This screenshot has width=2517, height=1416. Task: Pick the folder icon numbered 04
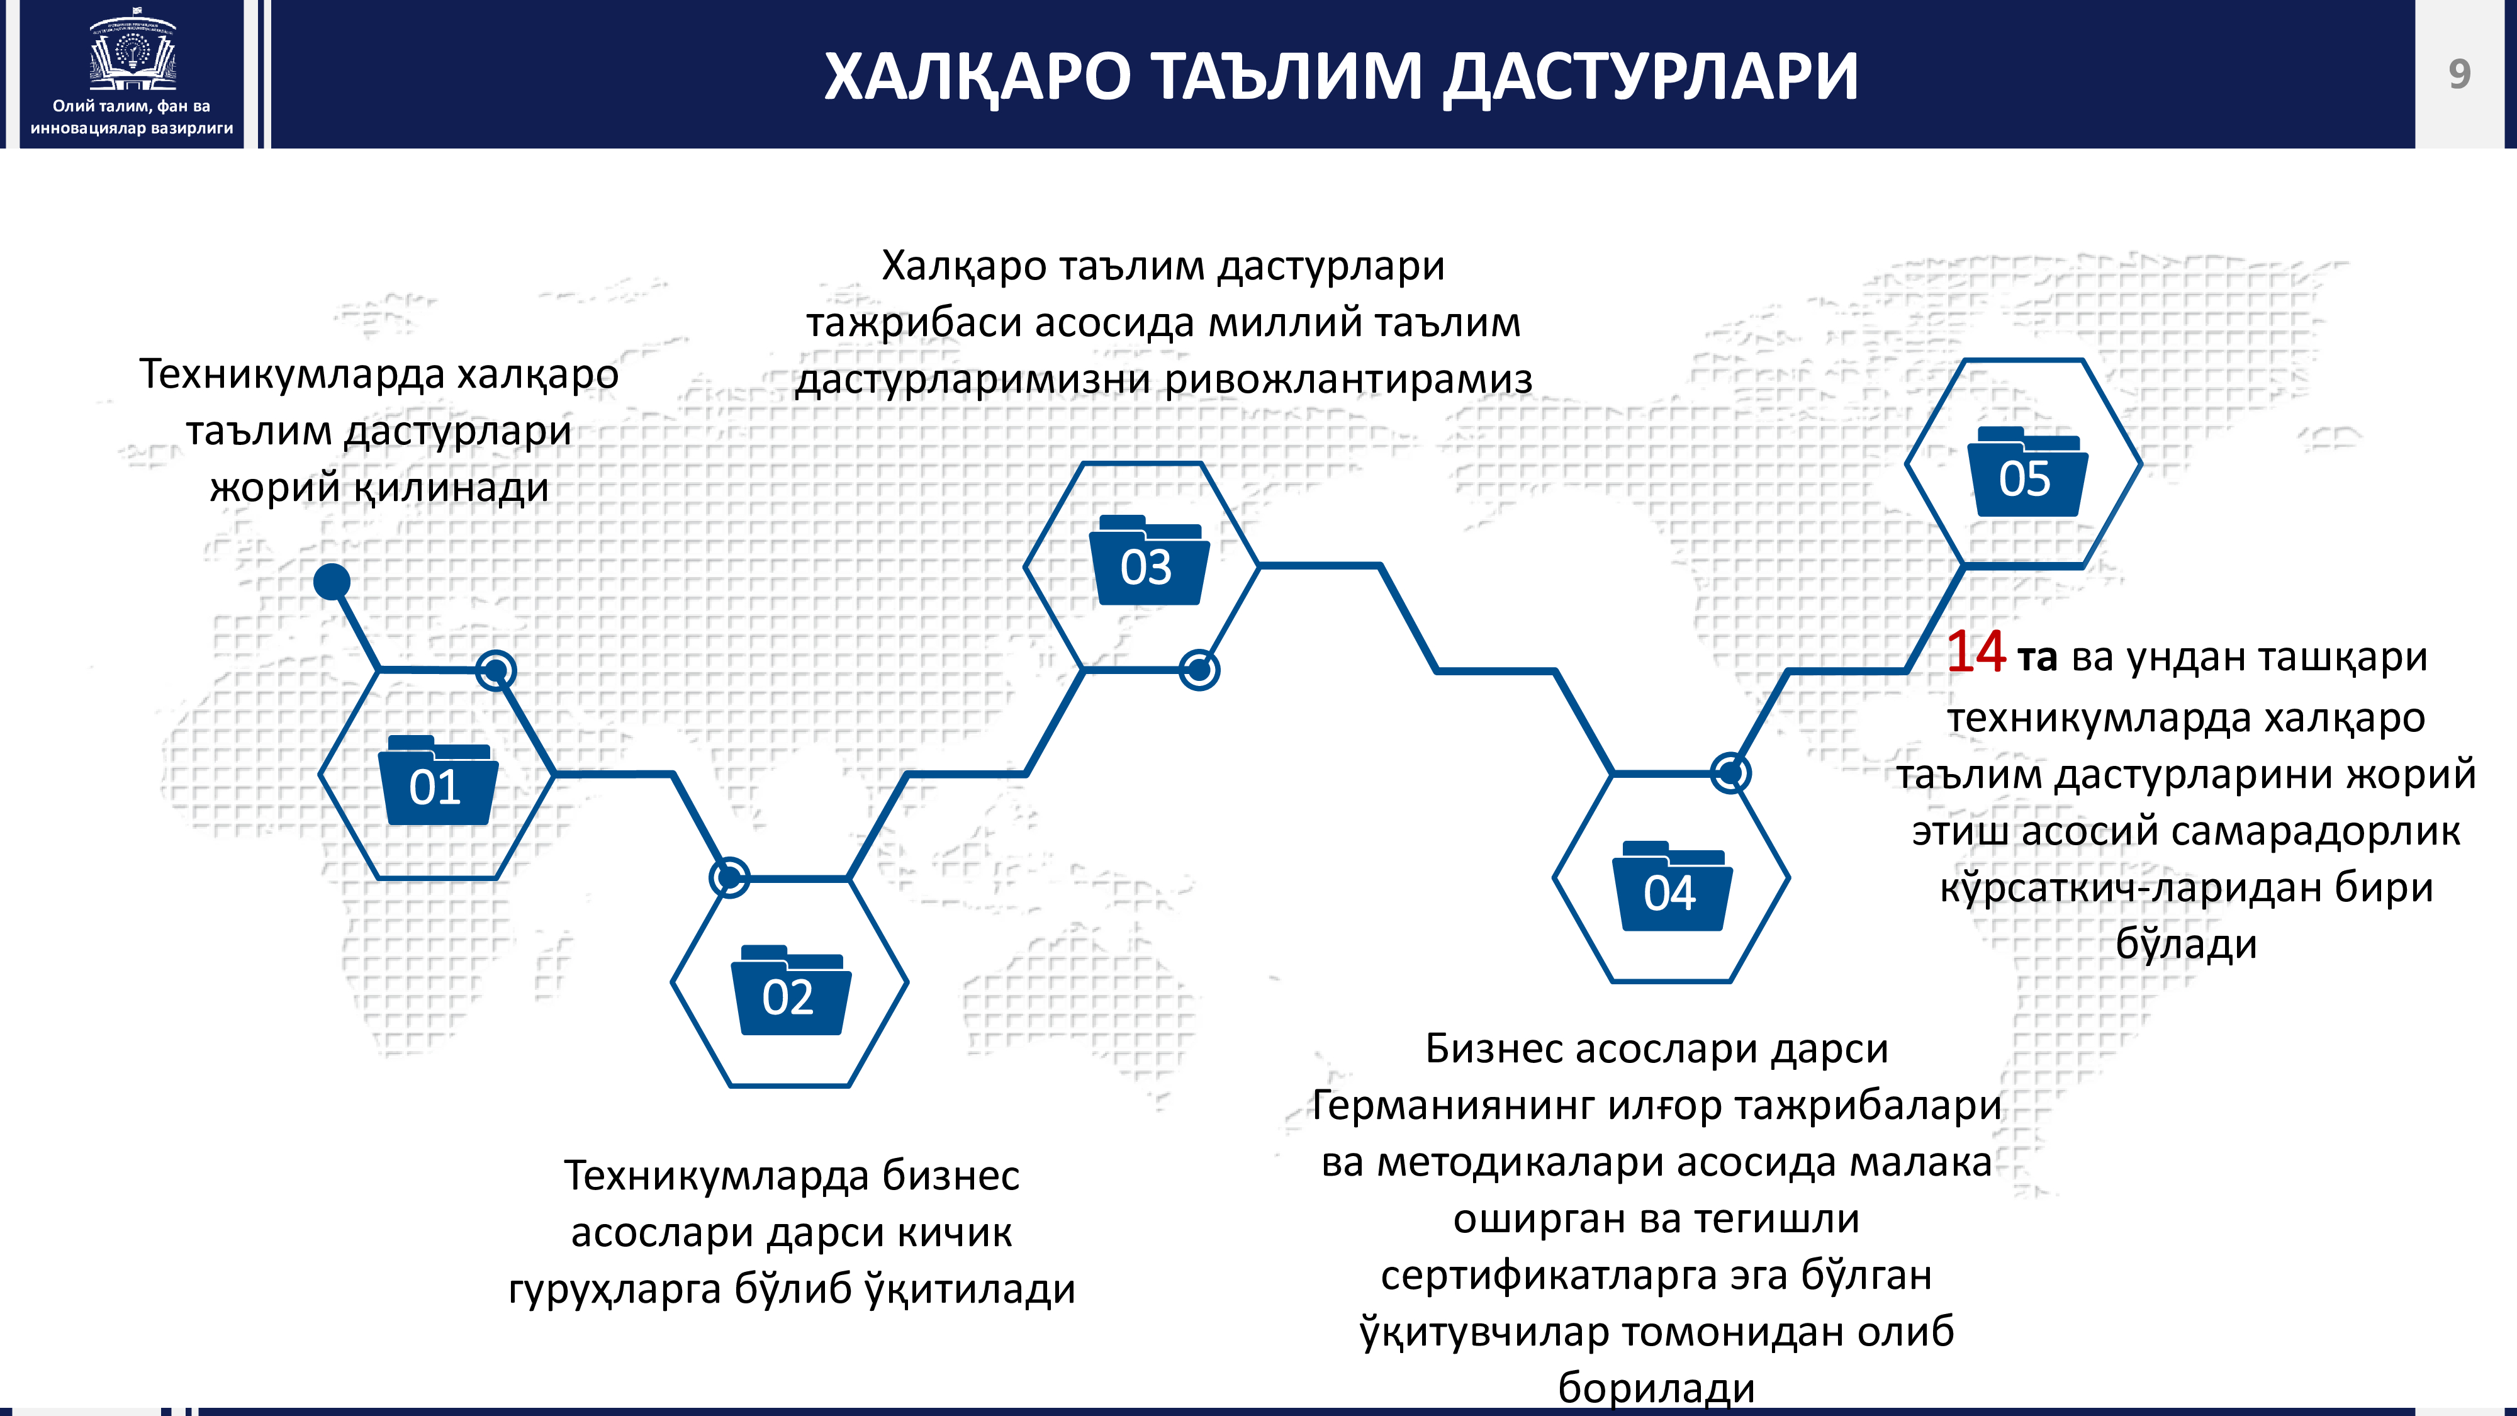[1672, 885]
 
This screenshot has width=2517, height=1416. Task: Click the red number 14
[1976, 652]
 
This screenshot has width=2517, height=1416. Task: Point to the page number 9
[2458, 74]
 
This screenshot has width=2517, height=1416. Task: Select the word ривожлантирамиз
[1348, 380]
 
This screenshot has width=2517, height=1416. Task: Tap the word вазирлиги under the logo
[193, 128]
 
